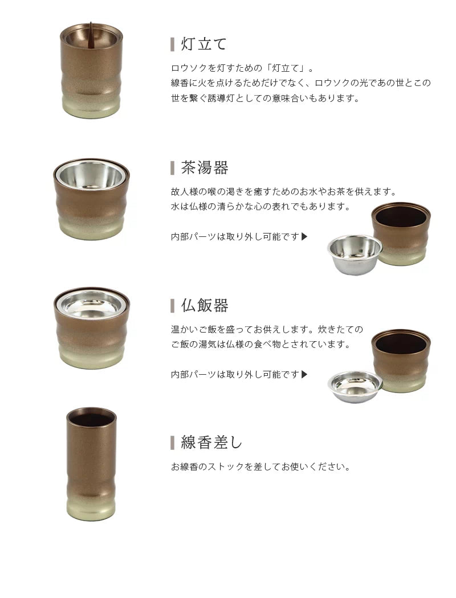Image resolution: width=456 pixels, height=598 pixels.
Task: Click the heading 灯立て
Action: click(x=204, y=44)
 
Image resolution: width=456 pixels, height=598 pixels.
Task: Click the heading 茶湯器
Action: click(x=205, y=168)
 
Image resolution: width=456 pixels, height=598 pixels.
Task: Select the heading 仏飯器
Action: click(x=205, y=306)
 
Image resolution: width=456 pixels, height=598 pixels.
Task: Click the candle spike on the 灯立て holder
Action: click(x=91, y=31)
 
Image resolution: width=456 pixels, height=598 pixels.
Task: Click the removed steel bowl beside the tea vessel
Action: click(x=355, y=253)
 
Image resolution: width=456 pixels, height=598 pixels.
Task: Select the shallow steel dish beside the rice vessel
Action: click(x=355, y=386)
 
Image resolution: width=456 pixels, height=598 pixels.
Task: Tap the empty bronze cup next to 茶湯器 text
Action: click(x=401, y=234)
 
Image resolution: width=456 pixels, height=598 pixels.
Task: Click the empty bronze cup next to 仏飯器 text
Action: click(x=401, y=360)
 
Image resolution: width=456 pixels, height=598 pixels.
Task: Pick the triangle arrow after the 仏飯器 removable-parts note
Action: click(x=304, y=374)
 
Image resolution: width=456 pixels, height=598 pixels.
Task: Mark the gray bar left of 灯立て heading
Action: click(x=173, y=44)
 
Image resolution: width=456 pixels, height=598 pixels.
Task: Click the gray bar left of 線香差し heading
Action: click(x=173, y=443)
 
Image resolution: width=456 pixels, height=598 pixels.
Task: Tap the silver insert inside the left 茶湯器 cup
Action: click(x=91, y=175)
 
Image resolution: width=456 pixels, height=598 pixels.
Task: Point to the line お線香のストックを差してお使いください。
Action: click(x=260, y=467)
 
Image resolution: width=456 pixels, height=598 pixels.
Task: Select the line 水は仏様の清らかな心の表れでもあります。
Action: click(x=260, y=206)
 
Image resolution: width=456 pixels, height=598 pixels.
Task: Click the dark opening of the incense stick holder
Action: click(x=91, y=419)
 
